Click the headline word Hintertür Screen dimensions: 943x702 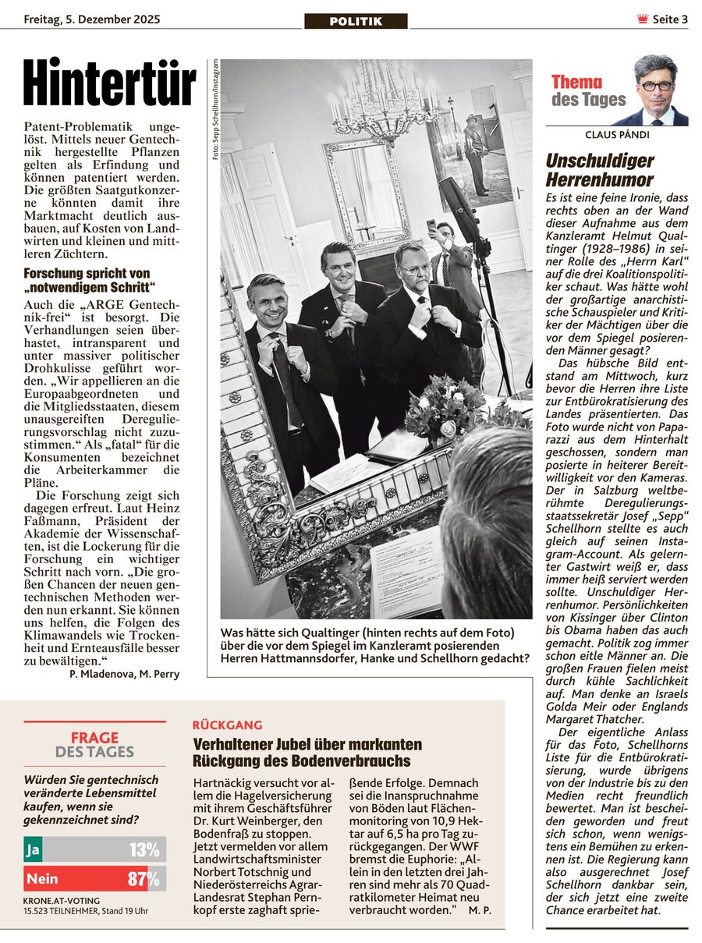(109, 83)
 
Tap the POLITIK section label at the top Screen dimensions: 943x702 (356, 21)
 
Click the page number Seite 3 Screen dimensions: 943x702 (670, 19)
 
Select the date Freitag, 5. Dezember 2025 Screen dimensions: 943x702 (92, 19)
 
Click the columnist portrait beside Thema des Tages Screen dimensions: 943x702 (654, 90)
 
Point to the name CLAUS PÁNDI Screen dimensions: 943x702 (616, 135)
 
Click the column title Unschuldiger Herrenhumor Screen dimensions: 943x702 (600, 170)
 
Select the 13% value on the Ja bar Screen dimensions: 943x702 (144, 849)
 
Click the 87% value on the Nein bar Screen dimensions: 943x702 (144, 879)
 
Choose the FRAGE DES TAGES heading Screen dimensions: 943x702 (94, 744)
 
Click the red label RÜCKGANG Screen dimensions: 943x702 (227, 725)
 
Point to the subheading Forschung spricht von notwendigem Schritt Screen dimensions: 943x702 (90, 279)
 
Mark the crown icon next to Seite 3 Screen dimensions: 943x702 (643, 19)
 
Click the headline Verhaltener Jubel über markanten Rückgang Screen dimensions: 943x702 (307, 752)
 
